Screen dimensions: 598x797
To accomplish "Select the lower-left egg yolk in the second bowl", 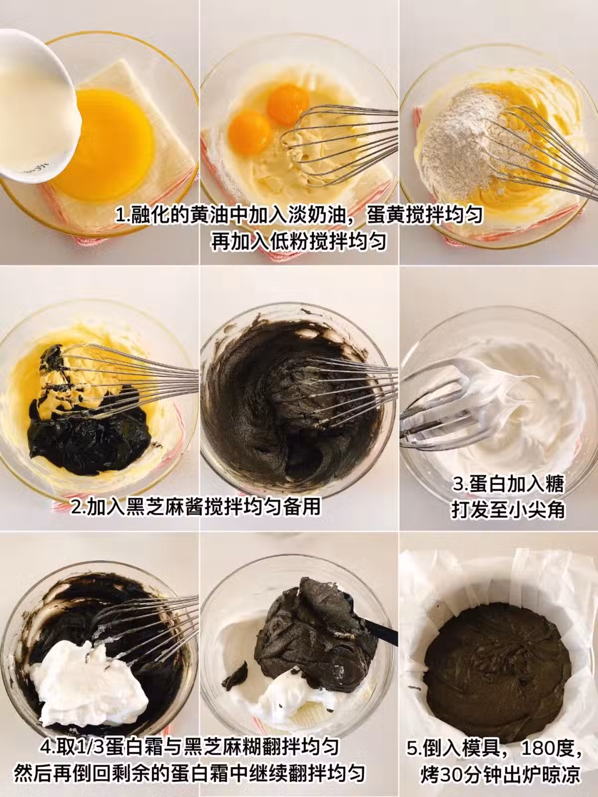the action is click(x=250, y=132).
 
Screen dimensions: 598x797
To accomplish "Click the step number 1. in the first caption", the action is click(x=123, y=215).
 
